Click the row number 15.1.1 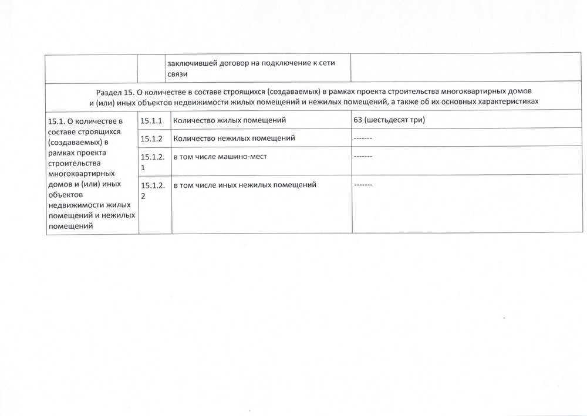[x=151, y=120]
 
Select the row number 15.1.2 [x=151, y=138]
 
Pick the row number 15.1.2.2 [x=151, y=190]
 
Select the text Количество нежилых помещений [x=234, y=138]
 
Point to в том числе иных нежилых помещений [x=245, y=185]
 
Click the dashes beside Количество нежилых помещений [x=363, y=138]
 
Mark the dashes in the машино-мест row [x=363, y=157]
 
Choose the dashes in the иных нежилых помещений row [x=363, y=185]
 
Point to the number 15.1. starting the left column [x=58, y=122]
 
